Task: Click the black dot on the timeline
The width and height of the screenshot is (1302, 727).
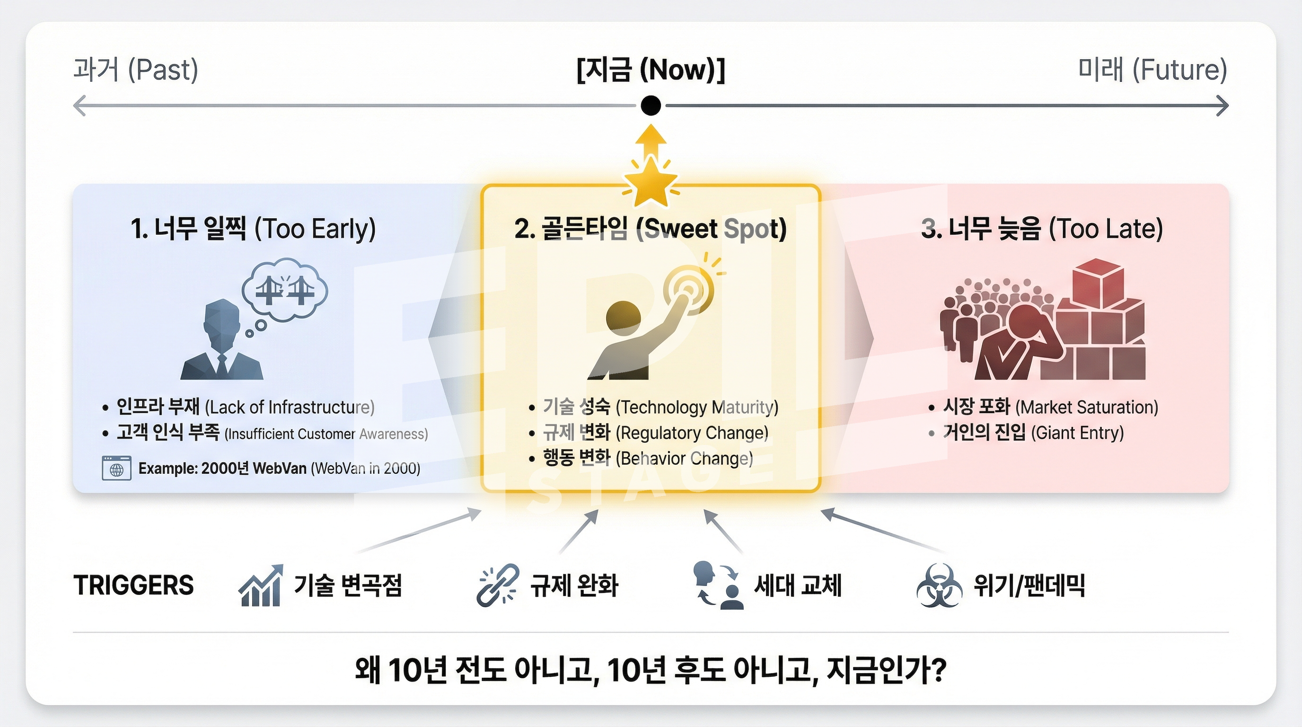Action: pos(651,106)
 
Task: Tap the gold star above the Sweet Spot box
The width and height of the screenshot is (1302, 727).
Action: pos(651,182)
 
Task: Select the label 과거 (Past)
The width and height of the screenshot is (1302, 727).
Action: pos(136,70)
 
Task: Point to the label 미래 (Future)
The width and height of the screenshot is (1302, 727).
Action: pos(1152,70)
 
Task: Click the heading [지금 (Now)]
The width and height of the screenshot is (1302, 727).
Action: pos(651,70)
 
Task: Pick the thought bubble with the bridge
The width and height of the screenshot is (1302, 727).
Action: pos(284,290)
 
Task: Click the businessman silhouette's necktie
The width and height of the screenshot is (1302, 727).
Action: pos(222,365)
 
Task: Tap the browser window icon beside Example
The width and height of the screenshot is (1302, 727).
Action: pos(117,468)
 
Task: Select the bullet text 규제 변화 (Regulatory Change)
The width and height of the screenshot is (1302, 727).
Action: pos(656,433)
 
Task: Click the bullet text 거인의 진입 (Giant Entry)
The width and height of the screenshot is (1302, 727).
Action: pos(1034,433)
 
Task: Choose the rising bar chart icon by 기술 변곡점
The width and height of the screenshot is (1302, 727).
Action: pos(261,585)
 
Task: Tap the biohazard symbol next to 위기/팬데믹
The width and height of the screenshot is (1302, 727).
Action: pos(939,585)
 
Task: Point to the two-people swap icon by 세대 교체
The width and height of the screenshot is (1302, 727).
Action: pos(718,585)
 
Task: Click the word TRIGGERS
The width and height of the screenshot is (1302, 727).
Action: pos(133,585)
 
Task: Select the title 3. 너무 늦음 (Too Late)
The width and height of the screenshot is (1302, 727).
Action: pos(1042,229)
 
